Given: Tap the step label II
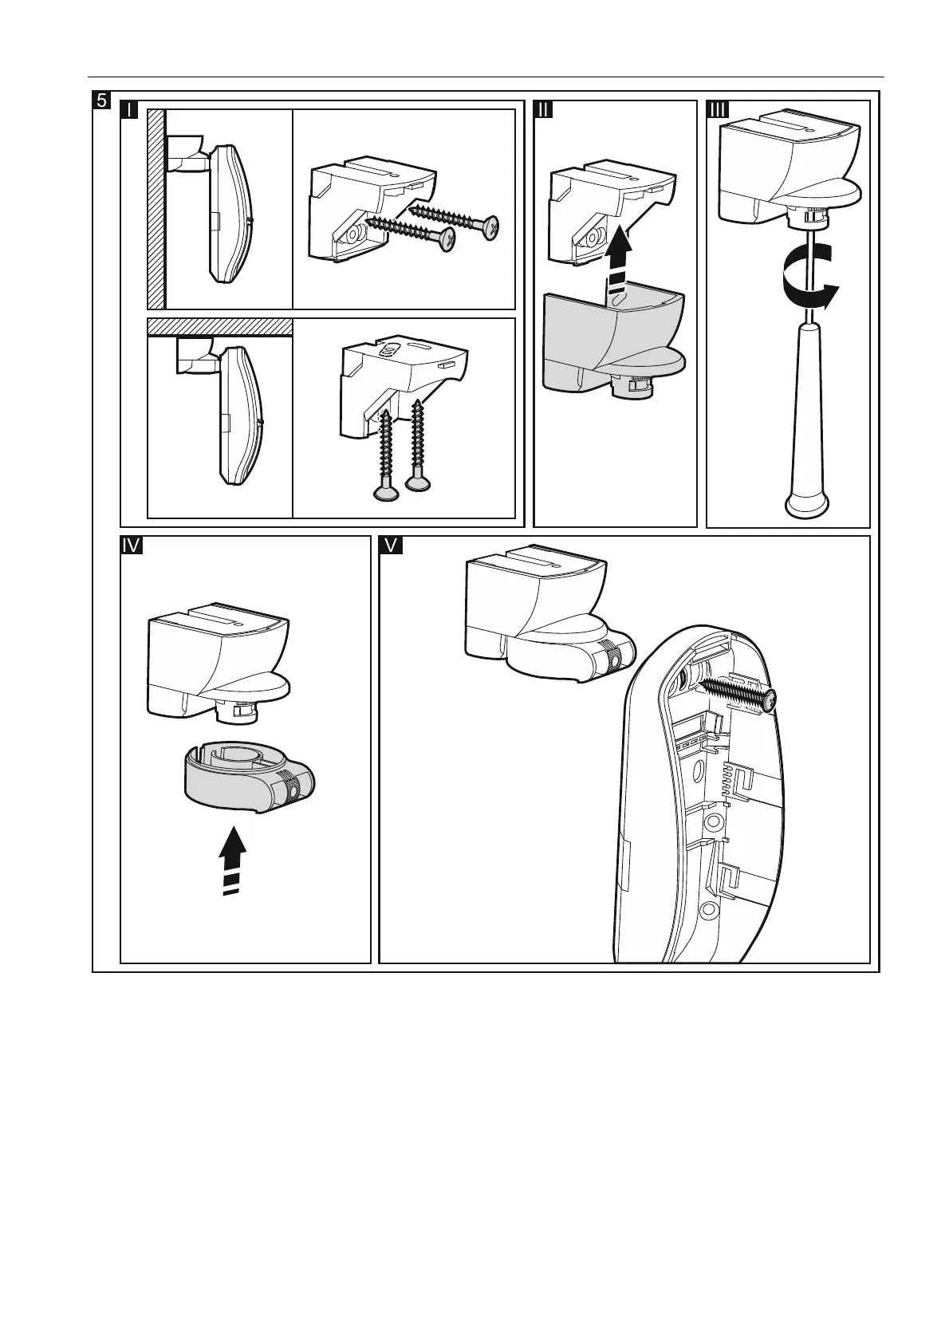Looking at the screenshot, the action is tap(543, 110).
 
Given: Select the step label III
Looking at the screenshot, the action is tap(718, 110).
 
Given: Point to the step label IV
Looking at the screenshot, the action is tap(132, 545).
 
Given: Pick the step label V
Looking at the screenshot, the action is tap(391, 545).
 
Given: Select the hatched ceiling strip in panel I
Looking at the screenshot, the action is tap(220, 327).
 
